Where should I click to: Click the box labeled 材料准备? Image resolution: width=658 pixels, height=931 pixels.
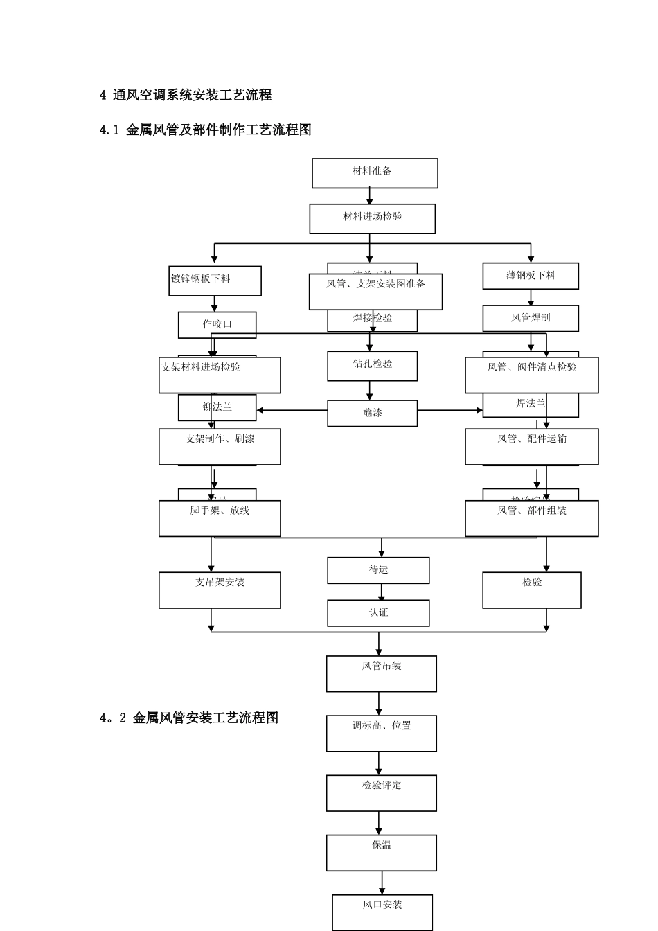[x=375, y=173]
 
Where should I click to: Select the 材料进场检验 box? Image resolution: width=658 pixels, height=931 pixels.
[x=372, y=219]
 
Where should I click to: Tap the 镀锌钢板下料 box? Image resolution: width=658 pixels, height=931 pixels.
[x=215, y=281]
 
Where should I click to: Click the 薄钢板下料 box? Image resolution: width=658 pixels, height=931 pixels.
[x=531, y=276]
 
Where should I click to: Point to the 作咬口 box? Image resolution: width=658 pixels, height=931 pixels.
[x=217, y=324]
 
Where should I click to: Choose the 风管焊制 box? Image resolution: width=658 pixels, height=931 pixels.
[x=531, y=318]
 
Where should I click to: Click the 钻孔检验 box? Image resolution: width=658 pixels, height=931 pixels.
[x=372, y=366]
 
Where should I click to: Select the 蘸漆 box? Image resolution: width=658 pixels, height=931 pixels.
[x=372, y=414]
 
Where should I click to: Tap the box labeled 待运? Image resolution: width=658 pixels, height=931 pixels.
[x=378, y=570]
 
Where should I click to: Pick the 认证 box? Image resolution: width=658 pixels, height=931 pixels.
[x=378, y=613]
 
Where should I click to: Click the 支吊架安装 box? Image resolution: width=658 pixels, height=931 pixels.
[x=220, y=590]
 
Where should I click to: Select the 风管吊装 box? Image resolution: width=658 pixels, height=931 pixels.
[x=381, y=673]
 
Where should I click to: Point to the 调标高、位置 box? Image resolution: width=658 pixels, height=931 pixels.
[x=381, y=733]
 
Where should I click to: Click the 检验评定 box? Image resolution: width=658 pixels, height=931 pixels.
[x=381, y=792]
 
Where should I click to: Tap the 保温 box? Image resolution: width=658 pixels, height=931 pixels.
[x=381, y=852]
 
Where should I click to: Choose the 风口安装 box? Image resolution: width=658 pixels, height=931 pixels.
[x=382, y=912]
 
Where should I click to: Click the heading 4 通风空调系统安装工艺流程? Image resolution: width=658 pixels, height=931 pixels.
[x=186, y=96]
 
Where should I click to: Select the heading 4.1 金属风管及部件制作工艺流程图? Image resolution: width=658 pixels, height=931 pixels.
[x=206, y=130]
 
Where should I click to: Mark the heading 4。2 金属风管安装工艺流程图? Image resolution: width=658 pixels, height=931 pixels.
[x=189, y=718]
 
